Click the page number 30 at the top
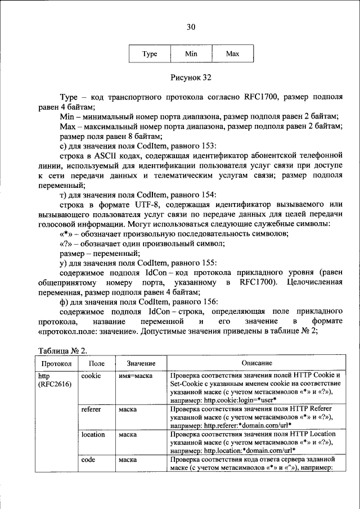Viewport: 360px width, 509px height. tap(191, 26)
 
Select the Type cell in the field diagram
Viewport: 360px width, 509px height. tap(150, 54)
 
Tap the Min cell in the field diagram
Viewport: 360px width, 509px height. tap(191, 54)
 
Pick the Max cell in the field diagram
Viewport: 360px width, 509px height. tap(232, 54)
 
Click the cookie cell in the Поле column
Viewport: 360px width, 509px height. tap(91, 375)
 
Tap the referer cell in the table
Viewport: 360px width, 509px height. tap(91, 409)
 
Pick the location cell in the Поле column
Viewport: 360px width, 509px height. tap(93, 434)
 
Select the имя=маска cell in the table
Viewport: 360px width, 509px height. tap(136, 375)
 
